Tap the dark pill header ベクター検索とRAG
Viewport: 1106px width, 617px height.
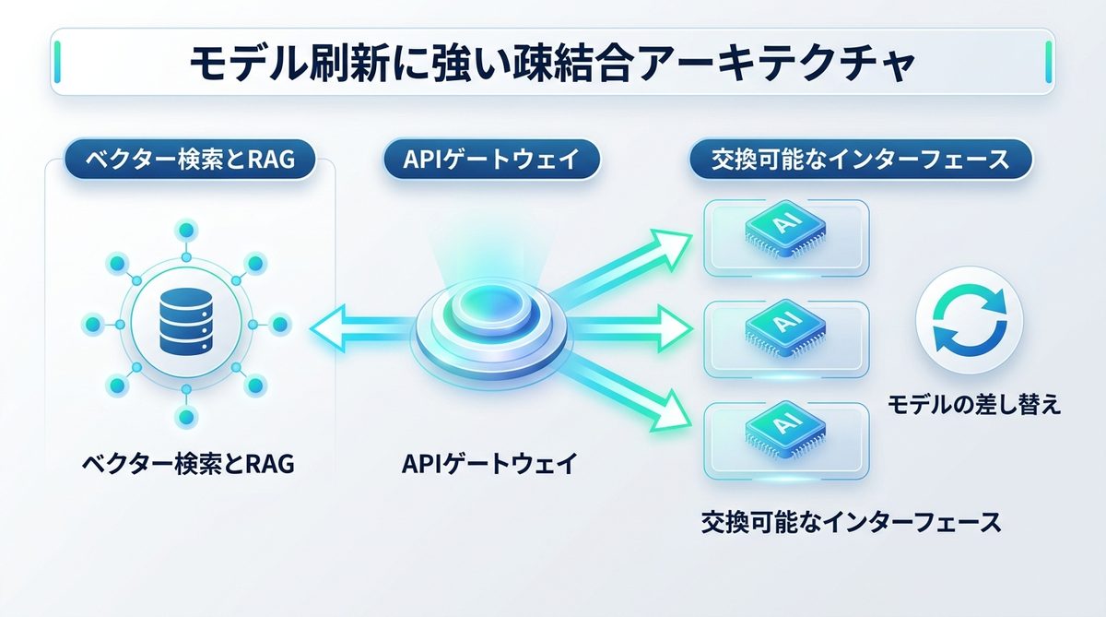[189, 160]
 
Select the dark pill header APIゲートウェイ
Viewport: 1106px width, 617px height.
[491, 160]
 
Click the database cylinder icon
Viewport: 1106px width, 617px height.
[186, 324]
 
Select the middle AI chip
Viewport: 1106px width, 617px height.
[784, 325]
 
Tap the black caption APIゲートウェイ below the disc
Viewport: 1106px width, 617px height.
[489, 463]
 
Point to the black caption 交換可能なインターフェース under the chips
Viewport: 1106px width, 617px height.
[851, 522]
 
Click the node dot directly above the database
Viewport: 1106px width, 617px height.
[186, 229]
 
